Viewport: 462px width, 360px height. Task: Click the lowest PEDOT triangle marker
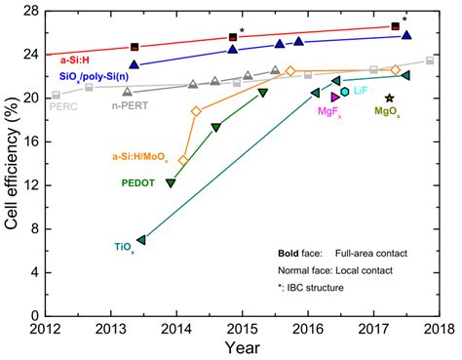(172, 183)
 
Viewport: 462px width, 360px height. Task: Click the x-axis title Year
(241, 347)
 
